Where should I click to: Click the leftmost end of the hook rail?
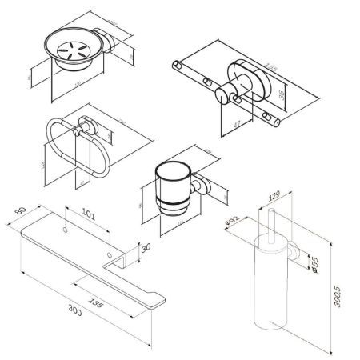point(174,63)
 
